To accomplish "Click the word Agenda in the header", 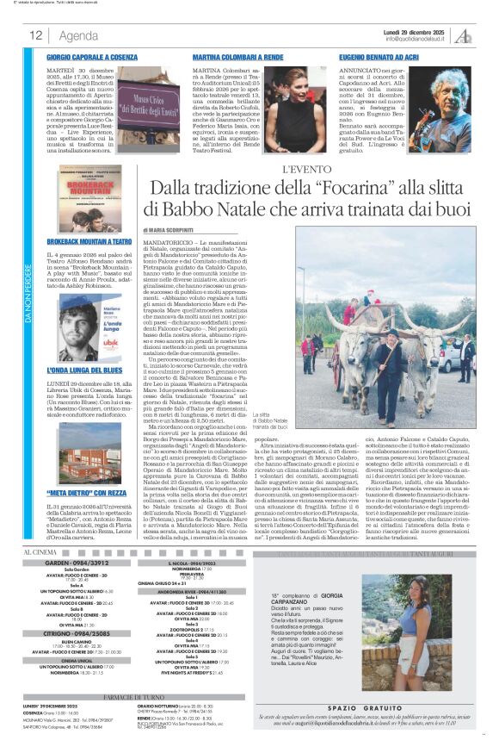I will point(78,35).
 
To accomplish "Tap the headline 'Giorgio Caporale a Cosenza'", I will point(93,55).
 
